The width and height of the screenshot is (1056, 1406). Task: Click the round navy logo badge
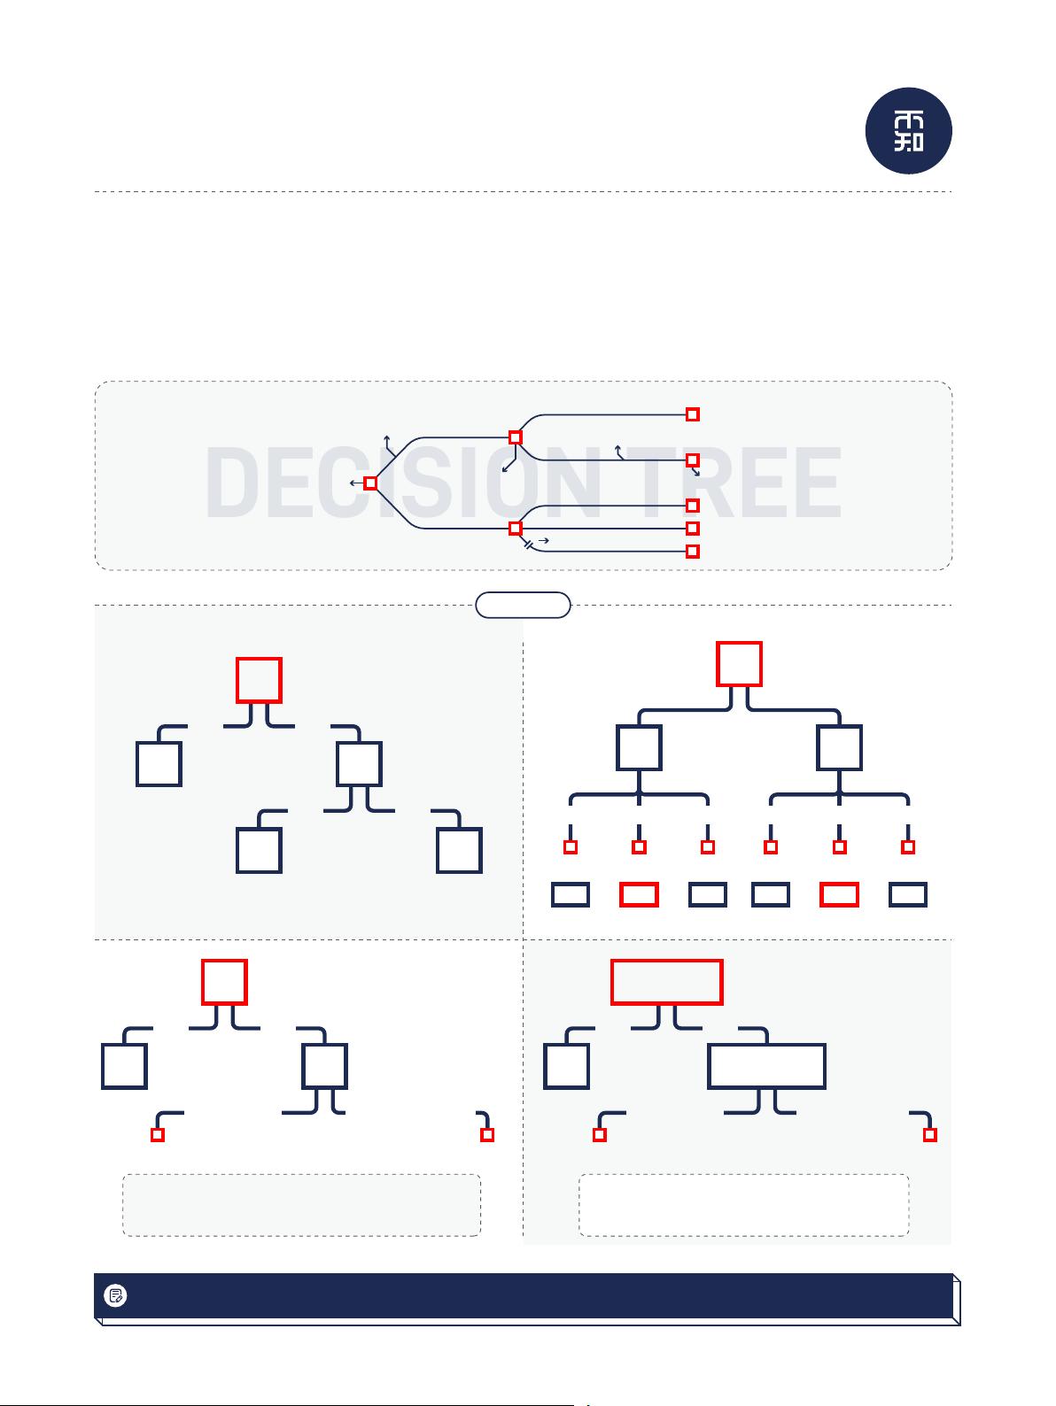tap(908, 131)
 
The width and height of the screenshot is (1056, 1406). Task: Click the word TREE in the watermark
tap(734, 483)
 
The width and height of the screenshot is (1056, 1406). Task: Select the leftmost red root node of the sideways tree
tap(370, 483)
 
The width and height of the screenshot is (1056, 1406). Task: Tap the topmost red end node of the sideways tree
tap(692, 414)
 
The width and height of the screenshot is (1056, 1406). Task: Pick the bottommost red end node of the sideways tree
tap(692, 552)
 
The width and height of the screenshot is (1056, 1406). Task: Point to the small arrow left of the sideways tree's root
tap(356, 483)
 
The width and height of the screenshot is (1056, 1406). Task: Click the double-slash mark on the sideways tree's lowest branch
tap(527, 545)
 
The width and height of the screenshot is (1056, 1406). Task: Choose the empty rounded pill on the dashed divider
tap(523, 605)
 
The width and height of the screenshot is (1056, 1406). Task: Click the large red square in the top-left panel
tap(259, 680)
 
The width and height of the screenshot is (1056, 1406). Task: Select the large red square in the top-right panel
tap(739, 664)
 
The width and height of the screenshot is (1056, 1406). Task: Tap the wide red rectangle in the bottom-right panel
tap(666, 982)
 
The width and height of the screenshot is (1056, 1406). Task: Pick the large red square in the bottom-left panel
tap(224, 982)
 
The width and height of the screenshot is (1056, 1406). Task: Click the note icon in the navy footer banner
tap(115, 1295)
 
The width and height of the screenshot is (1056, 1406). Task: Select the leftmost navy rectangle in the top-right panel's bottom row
tap(571, 894)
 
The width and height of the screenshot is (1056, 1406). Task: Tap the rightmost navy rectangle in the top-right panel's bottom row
tap(907, 894)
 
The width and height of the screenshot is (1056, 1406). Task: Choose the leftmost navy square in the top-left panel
tap(159, 763)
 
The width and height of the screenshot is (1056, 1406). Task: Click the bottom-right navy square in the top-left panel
tap(459, 850)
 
